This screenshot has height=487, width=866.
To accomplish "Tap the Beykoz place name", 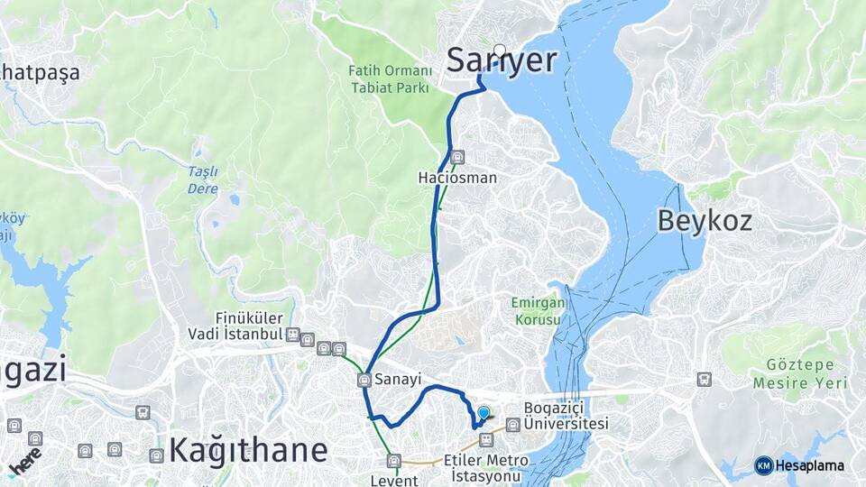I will click(705, 220).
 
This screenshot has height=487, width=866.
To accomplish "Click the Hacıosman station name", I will click(457, 178).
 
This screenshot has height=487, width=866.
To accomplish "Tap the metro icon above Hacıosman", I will click(457, 157).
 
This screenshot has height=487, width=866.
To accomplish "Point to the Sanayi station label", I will click(398, 380).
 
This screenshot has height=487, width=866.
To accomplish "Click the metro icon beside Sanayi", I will click(364, 380).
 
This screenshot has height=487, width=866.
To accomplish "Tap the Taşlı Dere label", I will click(202, 179).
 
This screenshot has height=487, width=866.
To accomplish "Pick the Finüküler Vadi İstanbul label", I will click(249, 326).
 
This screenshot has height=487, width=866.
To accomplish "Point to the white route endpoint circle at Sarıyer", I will click(500, 50).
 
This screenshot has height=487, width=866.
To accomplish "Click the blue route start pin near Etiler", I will click(484, 413).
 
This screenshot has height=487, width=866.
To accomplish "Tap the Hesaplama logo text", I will click(809, 465).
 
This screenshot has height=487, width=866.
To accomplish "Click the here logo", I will click(25, 461).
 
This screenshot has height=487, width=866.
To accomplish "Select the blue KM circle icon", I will click(763, 465).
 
